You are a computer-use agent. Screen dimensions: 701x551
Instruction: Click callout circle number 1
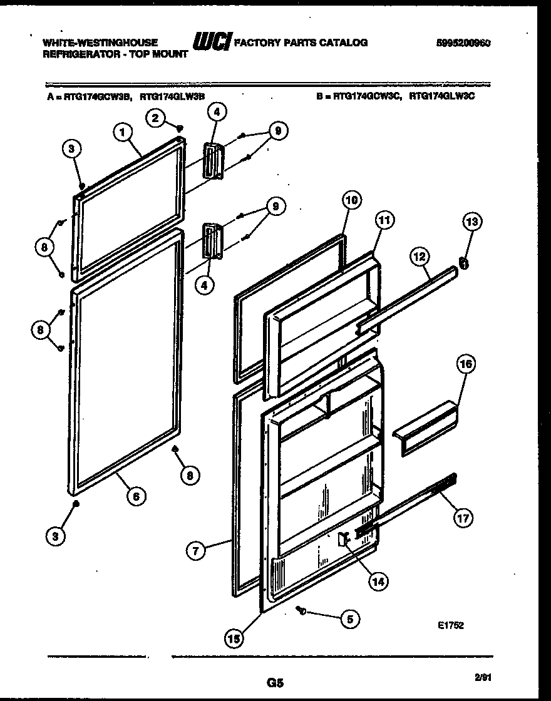click(123, 133)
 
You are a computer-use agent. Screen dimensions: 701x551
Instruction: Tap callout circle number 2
click(156, 117)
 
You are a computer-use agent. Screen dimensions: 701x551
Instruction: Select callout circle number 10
click(352, 200)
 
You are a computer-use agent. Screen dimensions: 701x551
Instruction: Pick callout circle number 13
click(473, 222)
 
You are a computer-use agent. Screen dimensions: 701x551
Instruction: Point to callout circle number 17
click(463, 518)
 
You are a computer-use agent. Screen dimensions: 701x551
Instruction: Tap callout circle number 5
click(349, 619)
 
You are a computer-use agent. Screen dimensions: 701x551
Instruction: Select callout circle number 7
click(196, 551)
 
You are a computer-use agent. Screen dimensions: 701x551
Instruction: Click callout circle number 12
click(420, 257)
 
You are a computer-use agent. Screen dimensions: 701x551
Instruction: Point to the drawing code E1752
click(451, 625)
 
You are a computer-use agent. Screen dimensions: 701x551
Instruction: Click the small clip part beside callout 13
click(464, 263)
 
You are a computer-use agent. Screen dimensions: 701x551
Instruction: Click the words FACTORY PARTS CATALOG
click(301, 43)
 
